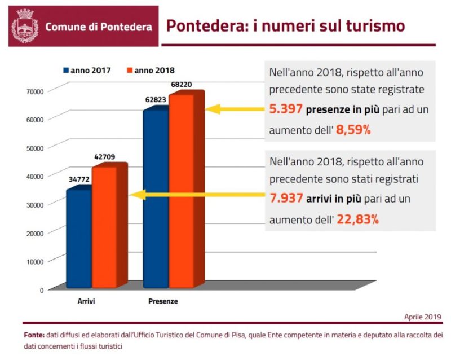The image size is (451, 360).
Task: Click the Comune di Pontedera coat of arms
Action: (25, 26)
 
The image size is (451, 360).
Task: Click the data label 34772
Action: (78, 179)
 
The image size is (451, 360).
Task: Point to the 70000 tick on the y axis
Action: (35, 90)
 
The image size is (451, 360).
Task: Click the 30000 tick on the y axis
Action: (35, 204)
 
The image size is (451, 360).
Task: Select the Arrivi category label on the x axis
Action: (86, 301)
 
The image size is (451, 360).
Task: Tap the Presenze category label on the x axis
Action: (163, 301)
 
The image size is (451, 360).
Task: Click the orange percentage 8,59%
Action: (353, 130)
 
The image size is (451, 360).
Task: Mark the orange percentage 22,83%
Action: (357, 219)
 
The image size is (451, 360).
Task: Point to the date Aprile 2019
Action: (422, 317)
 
